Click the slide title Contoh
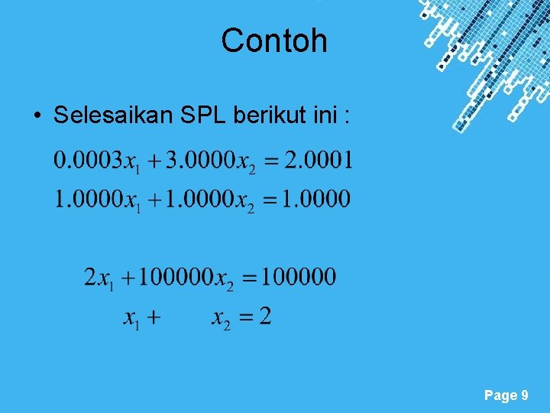click(x=274, y=41)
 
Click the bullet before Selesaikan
click(x=37, y=116)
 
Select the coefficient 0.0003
click(x=88, y=161)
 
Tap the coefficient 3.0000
click(x=199, y=161)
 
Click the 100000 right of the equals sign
click(x=298, y=277)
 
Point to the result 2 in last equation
click(x=264, y=315)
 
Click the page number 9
click(x=524, y=395)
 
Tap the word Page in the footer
click(x=500, y=395)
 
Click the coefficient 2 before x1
click(x=91, y=277)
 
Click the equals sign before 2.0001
click(x=270, y=163)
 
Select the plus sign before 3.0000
click(x=155, y=163)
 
